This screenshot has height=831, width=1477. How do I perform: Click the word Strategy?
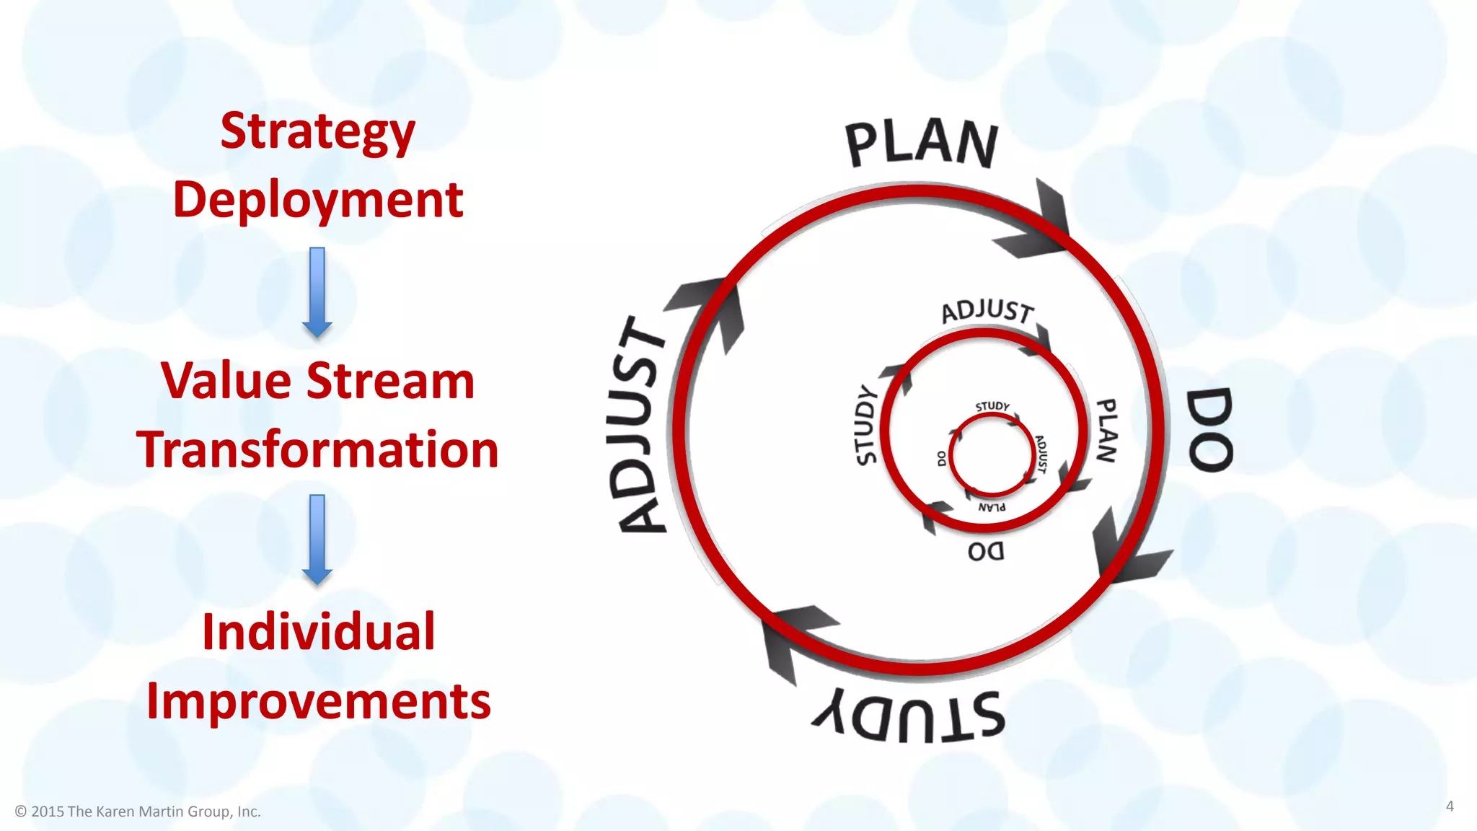point(317,132)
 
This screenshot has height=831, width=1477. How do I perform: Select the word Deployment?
point(317,200)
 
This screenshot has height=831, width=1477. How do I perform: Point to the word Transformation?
point(317,449)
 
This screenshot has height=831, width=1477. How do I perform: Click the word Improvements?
point(318,700)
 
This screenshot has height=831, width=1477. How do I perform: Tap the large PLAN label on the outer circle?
point(922,144)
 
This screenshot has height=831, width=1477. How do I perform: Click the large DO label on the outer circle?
point(1209,430)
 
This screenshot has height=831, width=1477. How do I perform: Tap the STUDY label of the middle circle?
point(865,426)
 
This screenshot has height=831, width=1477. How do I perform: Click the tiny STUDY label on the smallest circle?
point(992,407)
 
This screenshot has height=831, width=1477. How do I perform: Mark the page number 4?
point(1450,806)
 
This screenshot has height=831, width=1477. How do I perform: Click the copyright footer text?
point(138,812)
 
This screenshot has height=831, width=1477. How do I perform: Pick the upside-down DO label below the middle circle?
point(986,552)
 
